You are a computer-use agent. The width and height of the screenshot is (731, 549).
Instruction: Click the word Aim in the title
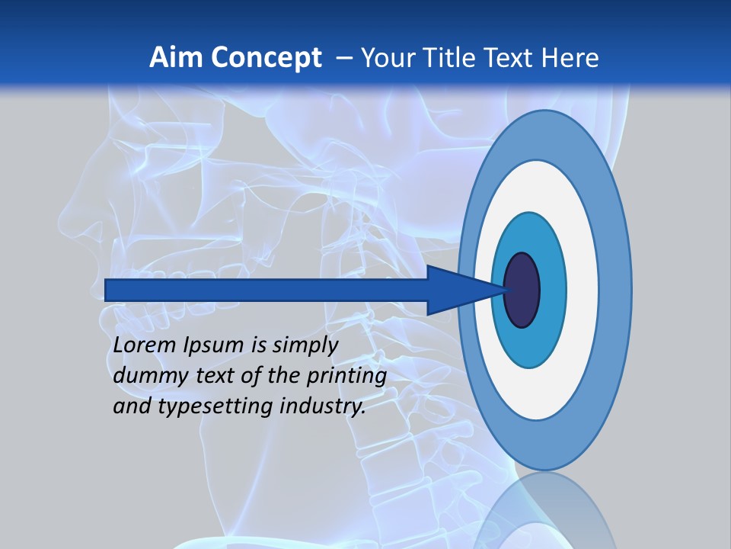(176, 58)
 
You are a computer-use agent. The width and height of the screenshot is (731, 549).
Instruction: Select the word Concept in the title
(267, 58)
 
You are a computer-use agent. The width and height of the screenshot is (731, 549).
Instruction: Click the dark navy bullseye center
(522, 291)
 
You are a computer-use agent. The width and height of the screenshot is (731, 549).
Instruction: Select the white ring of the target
(583, 291)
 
